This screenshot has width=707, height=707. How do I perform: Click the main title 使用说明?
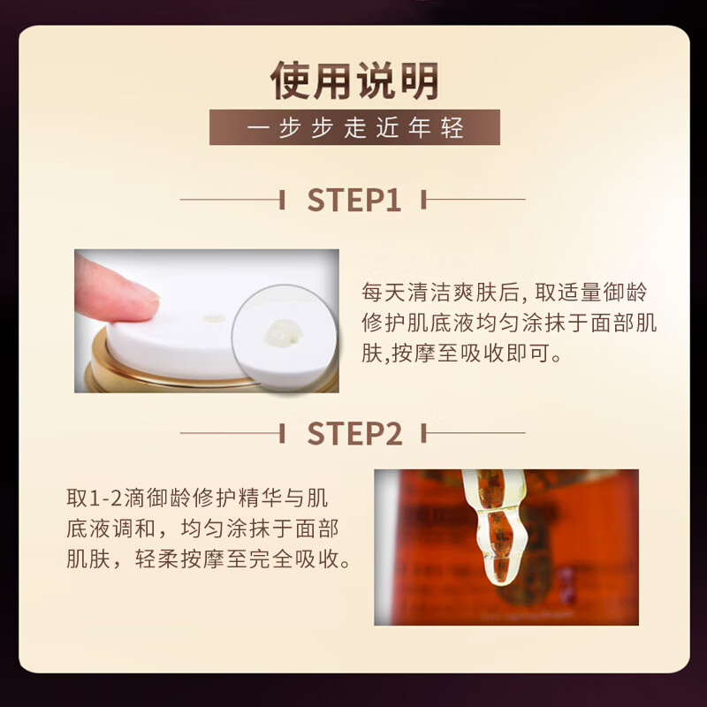(354, 81)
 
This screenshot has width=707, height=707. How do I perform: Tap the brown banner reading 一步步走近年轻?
(354, 127)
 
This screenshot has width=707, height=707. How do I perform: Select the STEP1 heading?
(353, 200)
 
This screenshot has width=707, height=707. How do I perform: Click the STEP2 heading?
(353, 433)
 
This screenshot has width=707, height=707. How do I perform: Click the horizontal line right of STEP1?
(477, 200)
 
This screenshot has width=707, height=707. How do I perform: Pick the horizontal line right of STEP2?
(477, 433)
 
